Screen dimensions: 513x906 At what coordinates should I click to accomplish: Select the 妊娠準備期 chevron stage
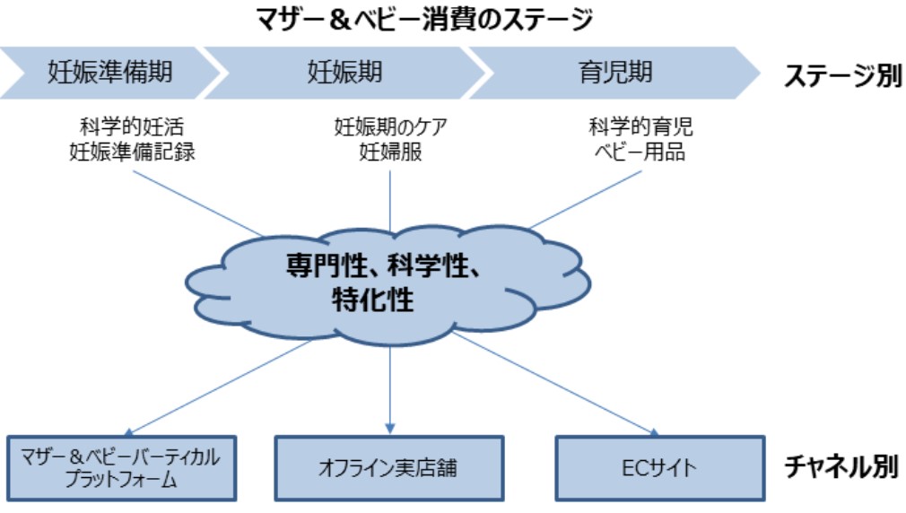click(109, 73)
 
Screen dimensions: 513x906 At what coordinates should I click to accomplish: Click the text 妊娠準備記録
click(132, 152)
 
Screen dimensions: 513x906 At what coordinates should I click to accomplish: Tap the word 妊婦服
click(389, 152)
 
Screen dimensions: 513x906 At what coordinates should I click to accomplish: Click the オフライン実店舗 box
click(388, 468)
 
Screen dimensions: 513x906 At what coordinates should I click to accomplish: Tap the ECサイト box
click(658, 468)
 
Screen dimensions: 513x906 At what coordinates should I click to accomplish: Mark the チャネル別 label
click(841, 467)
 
